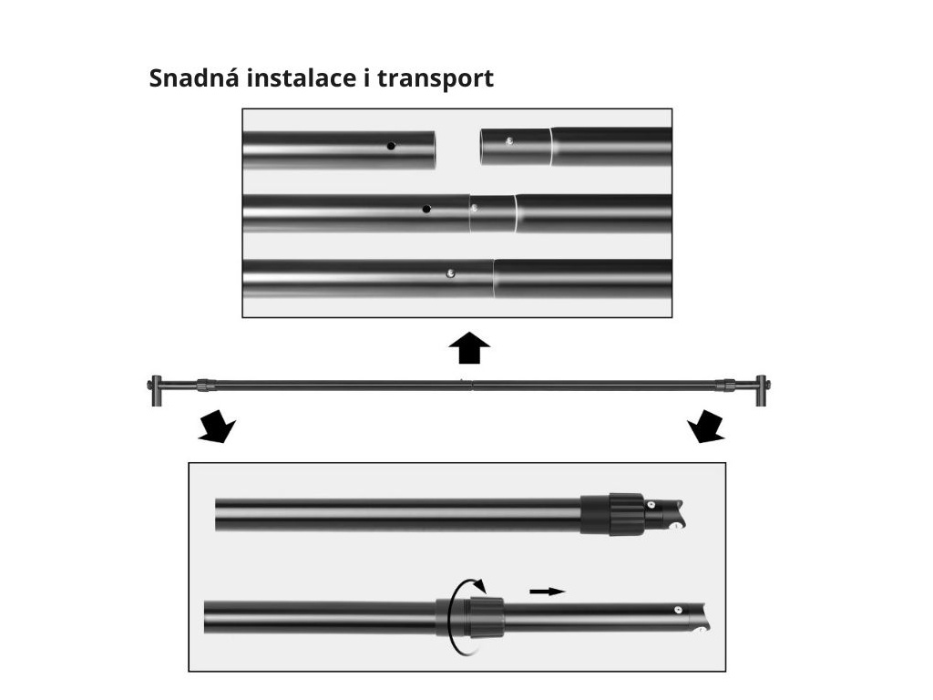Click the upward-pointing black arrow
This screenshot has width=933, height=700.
click(469, 348)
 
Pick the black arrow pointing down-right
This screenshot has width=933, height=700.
click(706, 427)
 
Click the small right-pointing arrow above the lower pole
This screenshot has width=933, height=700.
click(547, 592)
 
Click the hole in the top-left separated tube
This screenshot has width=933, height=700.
click(391, 146)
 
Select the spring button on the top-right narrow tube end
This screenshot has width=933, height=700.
click(509, 141)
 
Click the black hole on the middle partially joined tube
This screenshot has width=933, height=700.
click(426, 209)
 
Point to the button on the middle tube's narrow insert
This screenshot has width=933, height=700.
click(473, 208)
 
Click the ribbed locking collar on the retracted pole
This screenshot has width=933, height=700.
click(611, 514)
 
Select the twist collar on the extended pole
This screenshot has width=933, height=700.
click(470, 616)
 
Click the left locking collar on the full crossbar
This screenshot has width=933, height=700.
click(206, 386)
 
